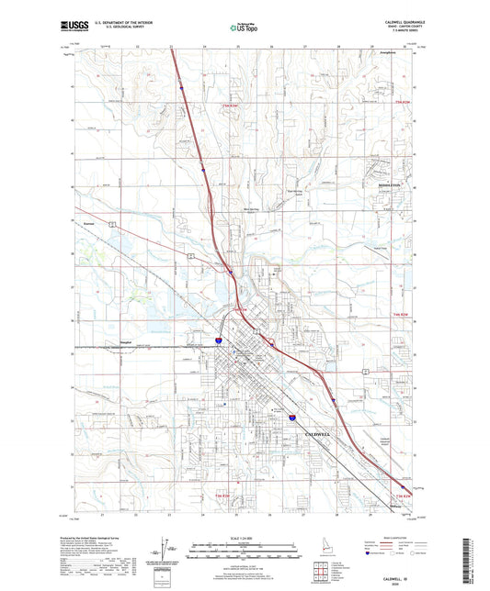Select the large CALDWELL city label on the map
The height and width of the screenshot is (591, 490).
(x=325, y=430)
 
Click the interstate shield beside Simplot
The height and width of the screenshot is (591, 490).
(x=218, y=341)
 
